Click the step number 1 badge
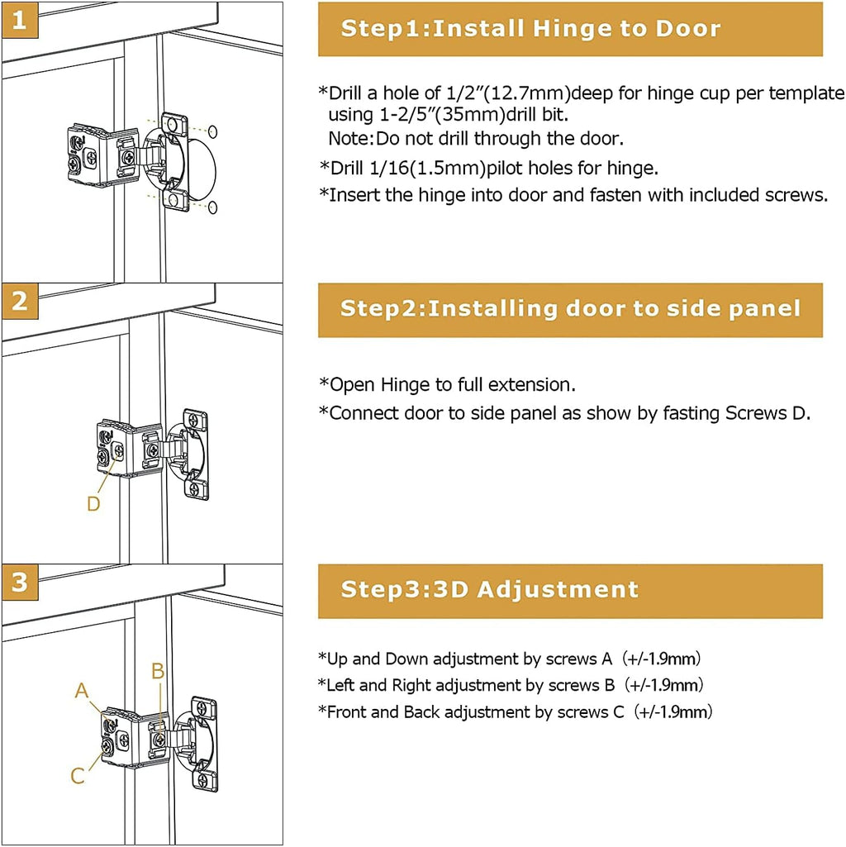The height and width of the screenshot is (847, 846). [x=20, y=20]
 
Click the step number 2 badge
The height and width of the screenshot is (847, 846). [x=20, y=302]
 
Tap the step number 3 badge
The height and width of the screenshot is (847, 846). [x=20, y=583]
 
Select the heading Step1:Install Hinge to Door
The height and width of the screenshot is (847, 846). [x=530, y=29]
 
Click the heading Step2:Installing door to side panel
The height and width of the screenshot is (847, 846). [x=570, y=309]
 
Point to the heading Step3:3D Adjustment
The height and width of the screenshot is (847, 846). [x=490, y=590]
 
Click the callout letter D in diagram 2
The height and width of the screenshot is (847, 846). [x=93, y=503]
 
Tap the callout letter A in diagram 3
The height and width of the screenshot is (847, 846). [x=81, y=690]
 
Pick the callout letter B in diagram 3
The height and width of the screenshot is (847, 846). [x=158, y=671]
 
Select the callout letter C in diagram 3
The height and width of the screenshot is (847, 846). [x=78, y=776]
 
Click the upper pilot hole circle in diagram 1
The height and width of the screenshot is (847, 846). [x=212, y=131]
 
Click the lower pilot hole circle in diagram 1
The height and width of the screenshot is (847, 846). [x=212, y=207]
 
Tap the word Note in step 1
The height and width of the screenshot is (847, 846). [x=346, y=138]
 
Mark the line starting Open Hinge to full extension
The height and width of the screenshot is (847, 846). [x=447, y=385]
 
